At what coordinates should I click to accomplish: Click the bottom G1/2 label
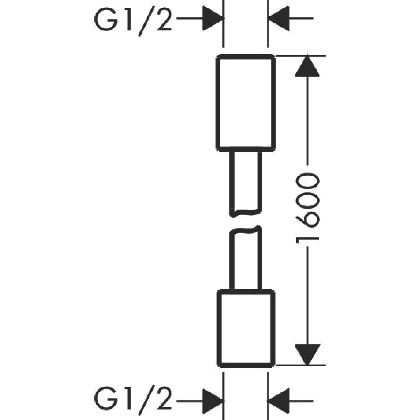(133, 400)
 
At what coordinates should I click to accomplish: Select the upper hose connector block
(246, 103)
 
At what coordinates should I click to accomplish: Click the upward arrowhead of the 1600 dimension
(307, 66)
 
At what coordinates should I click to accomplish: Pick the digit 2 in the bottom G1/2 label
(163, 400)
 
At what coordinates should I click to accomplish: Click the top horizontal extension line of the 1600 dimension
(301, 55)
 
